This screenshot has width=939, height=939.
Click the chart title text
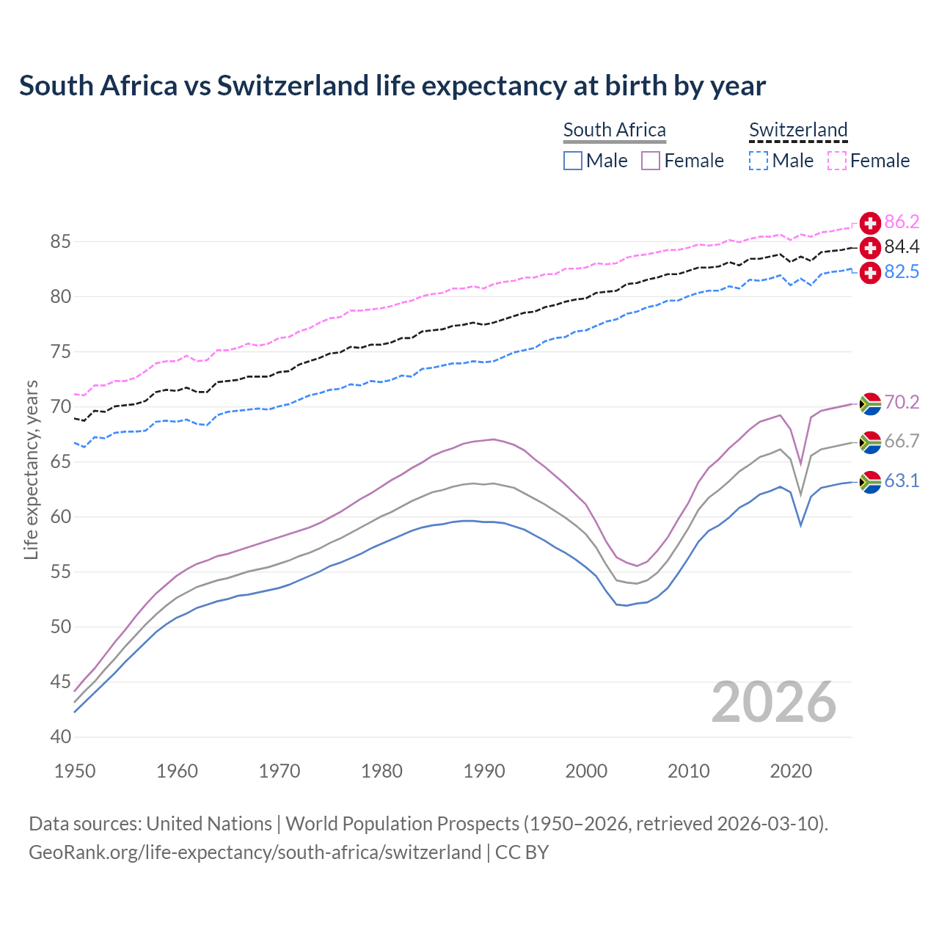[x=392, y=86]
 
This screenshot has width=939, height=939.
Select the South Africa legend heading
[x=614, y=130]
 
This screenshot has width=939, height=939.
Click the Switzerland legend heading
[x=798, y=130]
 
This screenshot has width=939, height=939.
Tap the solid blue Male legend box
[x=573, y=161]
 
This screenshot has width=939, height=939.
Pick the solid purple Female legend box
[x=651, y=161]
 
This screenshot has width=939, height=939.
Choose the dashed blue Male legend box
[x=759, y=161]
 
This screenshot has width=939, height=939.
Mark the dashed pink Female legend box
[x=837, y=161]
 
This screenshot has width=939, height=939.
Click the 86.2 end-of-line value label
[x=902, y=222]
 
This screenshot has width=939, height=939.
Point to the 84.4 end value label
[x=902, y=247]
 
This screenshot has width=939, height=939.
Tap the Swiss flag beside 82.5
[x=870, y=272]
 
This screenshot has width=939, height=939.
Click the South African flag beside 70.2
[x=870, y=403]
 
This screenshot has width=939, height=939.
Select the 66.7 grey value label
[x=902, y=441]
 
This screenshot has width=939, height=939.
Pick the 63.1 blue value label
[x=902, y=481]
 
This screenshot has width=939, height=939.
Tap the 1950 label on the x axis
[x=75, y=771]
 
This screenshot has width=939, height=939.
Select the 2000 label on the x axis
[x=586, y=771]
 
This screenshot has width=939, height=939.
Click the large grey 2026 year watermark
[x=773, y=702]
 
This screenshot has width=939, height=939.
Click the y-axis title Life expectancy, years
[x=32, y=469]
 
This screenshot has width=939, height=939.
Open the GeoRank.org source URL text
[x=255, y=852]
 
